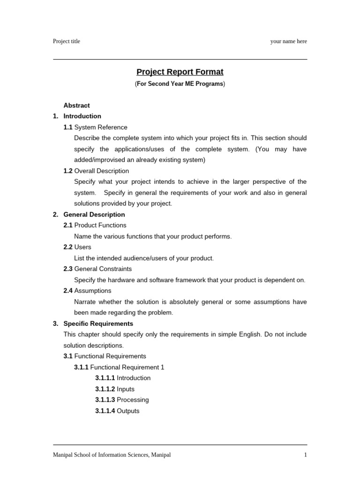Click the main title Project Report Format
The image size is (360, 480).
[180, 72]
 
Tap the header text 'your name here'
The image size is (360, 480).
[288, 41]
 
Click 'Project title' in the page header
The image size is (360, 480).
[67, 41]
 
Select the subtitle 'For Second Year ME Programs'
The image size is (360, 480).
[180, 84]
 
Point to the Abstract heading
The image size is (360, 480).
[76, 105]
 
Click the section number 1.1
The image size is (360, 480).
[68, 127]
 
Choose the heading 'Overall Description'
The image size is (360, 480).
[102, 171]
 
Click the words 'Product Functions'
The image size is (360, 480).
[100, 225]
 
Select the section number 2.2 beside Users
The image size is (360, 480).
[68, 247]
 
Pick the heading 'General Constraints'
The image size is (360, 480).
[103, 269]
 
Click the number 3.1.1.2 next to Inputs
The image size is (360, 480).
[105, 389]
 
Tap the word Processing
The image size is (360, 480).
[133, 400]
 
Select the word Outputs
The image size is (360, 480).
[128, 411]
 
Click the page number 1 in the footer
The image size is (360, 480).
[306, 455]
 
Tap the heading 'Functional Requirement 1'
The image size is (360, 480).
[127, 367]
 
